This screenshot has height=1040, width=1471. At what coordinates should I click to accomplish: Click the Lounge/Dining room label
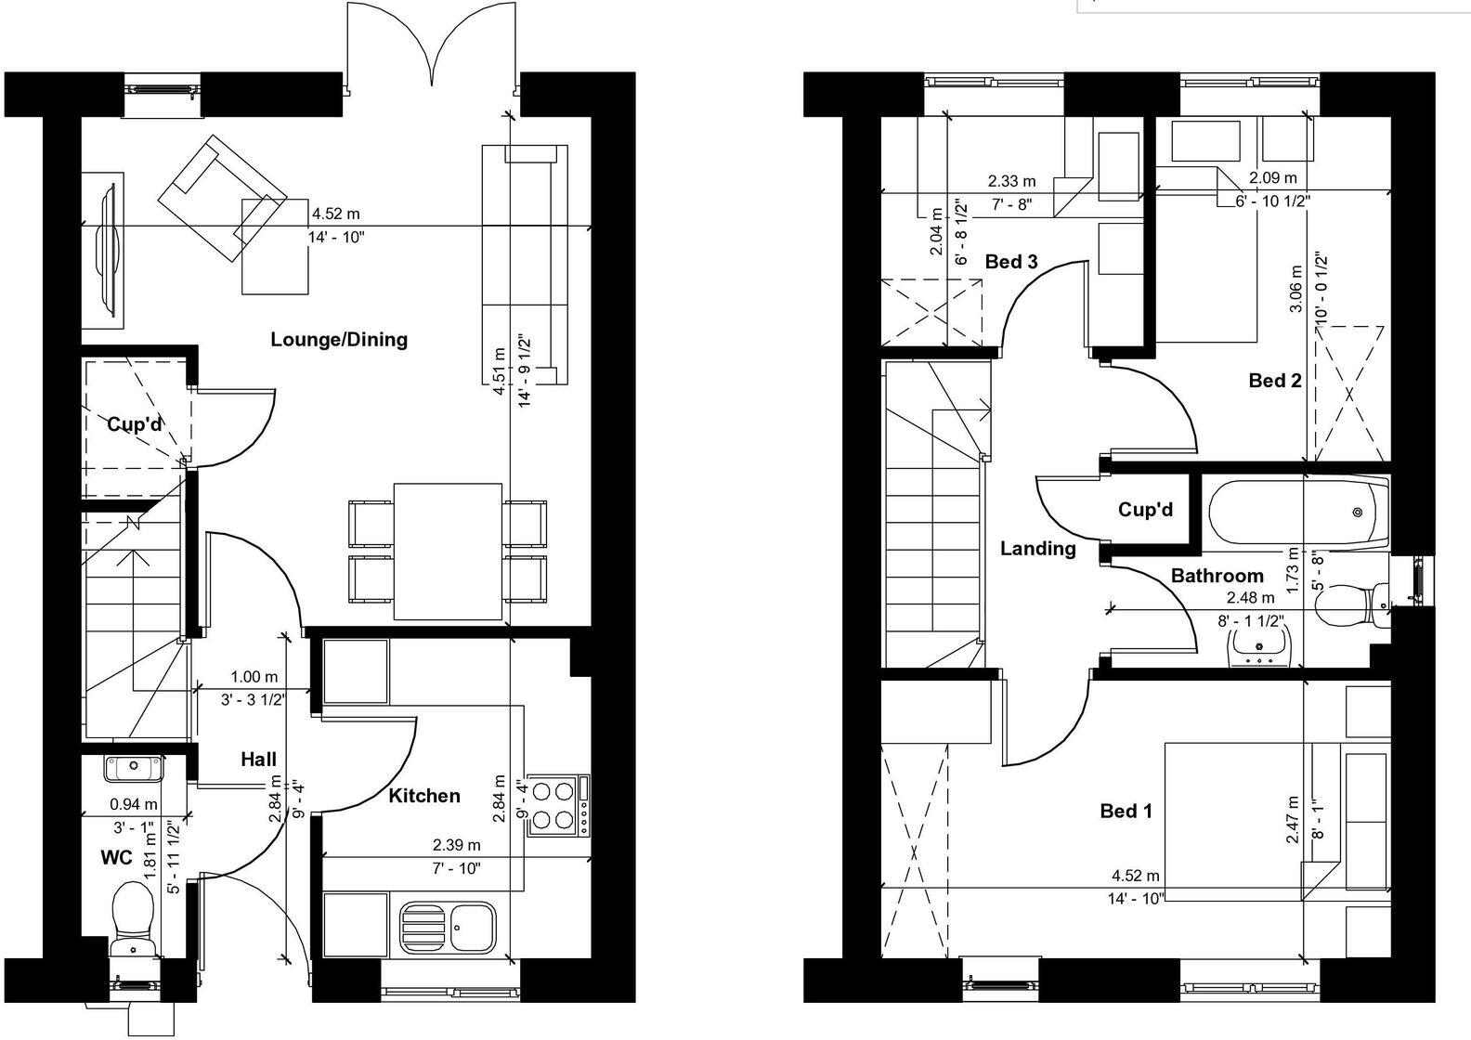(339, 340)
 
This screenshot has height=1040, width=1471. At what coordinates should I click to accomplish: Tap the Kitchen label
(424, 796)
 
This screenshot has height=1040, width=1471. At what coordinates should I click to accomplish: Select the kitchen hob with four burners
(557, 805)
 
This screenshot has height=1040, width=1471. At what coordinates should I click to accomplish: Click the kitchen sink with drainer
(448, 927)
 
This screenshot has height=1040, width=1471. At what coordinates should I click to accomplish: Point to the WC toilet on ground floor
(134, 919)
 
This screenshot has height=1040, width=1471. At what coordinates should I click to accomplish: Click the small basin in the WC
(133, 768)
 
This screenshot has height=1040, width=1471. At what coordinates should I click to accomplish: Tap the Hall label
(258, 760)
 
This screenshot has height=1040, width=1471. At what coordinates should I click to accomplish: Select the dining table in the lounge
(448, 552)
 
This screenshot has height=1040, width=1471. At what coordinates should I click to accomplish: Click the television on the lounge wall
(109, 248)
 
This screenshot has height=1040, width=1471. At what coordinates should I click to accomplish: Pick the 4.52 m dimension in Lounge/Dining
(335, 214)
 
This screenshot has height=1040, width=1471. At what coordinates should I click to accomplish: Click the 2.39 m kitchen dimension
(456, 844)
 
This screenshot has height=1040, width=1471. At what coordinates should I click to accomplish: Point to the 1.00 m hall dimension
(254, 676)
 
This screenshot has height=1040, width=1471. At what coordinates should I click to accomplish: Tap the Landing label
(1037, 548)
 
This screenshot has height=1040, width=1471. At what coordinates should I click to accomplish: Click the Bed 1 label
(1126, 811)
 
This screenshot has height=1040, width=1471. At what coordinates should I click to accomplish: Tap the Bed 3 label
(1011, 262)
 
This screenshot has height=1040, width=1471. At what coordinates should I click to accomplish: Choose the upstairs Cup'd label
(1145, 510)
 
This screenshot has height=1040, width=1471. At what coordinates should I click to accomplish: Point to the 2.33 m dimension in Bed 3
(1011, 180)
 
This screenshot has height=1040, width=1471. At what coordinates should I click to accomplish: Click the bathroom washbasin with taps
(1259, 644)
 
